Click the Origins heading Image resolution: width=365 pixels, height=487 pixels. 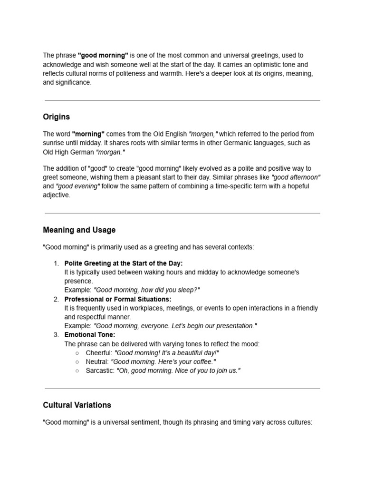[56, 117]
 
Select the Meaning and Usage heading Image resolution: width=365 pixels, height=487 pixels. [79, 230]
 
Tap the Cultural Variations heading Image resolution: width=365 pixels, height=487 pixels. [77, 405]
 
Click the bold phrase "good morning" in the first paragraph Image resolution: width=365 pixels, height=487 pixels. [103, 56]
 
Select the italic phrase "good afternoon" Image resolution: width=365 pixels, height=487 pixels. [296, 177]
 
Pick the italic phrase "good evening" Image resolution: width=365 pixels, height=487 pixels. [78, 186]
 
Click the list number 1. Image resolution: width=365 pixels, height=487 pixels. [56, 263]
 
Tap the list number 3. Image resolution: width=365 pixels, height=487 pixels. [56, 335]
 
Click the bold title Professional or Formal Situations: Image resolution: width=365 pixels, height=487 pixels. [118, 299]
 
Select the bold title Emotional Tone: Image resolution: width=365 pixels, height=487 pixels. [90, 335]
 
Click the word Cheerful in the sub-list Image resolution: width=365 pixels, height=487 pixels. [98, 353]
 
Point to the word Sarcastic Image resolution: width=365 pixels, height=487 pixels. [99, 370]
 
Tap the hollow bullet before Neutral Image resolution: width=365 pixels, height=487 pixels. [77, 362]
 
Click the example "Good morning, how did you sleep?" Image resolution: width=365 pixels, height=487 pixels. [147, 290]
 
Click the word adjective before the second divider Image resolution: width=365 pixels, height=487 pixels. [56, 195]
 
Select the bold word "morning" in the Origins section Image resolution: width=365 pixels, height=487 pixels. [88, 134]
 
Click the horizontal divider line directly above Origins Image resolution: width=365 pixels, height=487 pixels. [182, 100]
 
